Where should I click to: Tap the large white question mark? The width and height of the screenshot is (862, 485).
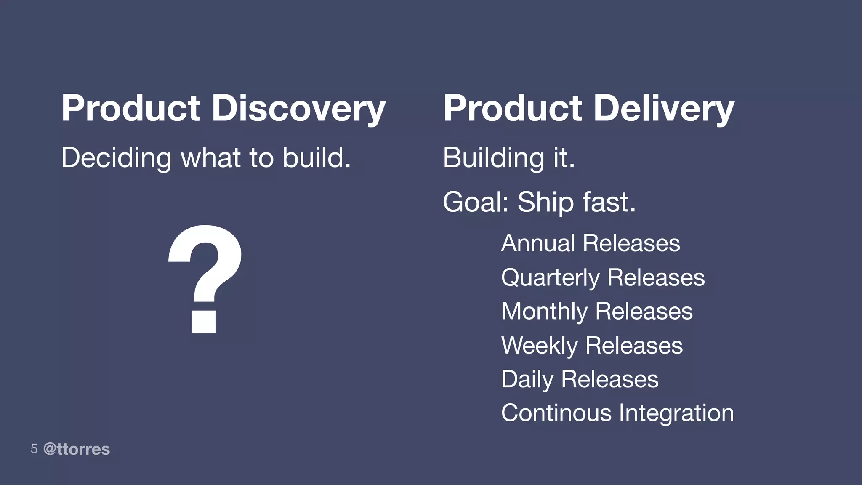tap(205, 278)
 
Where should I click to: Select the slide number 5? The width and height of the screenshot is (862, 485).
tap(34, 449)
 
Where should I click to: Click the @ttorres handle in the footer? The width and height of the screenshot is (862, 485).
tap(77, 449)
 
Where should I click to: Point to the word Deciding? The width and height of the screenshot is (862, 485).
tap(116, 158)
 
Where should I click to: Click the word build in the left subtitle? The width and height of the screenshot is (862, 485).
tap(314, 158)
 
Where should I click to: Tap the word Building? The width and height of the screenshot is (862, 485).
tap(493, 158)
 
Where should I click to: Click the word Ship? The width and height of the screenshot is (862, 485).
tap(545, 202)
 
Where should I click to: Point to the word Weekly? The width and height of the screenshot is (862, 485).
tap(539, 346)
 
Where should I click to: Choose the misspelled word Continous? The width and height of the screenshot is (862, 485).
tap(556, 413)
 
